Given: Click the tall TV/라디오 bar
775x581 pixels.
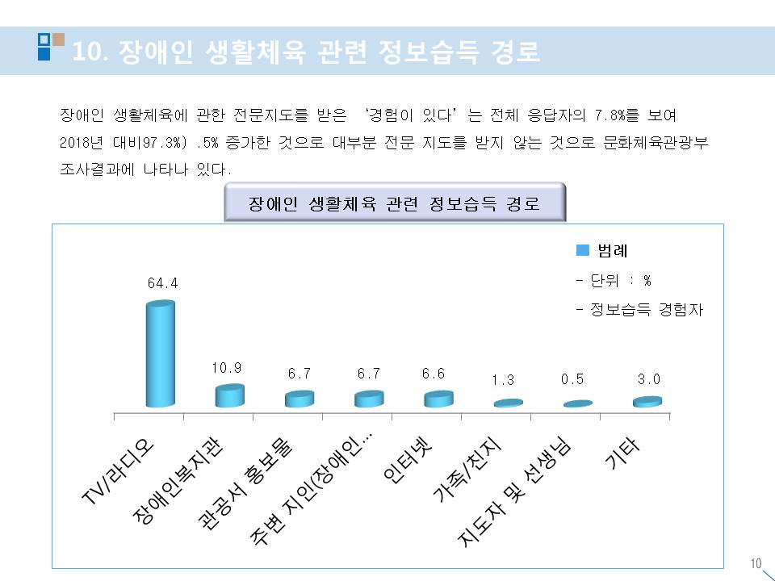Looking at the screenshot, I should click(x=160, y=355).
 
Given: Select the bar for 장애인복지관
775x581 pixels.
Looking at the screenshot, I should click(x=229, y=395).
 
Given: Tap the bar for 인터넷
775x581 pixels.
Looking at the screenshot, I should click(x=438, y=399).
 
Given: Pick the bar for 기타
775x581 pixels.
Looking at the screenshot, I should click(x=647, y=401).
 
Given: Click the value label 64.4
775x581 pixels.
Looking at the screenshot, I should click(x=161, y=283).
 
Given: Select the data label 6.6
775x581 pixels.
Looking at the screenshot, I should click(x=437, y=374).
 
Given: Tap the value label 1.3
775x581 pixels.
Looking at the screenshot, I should click(x=506, y=380).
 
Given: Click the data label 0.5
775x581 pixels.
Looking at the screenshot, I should click(x=576, y=380).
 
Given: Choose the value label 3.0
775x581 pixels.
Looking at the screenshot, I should click(x=647, y=378).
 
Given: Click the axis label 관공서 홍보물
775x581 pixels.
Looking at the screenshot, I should click(x=247, y=483).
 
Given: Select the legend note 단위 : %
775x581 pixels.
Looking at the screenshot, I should click(x=614, y=281).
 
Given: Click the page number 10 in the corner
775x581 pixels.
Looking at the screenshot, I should click(x=756, y=563).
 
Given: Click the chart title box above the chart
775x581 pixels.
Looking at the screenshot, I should click(x=395, y=203).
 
